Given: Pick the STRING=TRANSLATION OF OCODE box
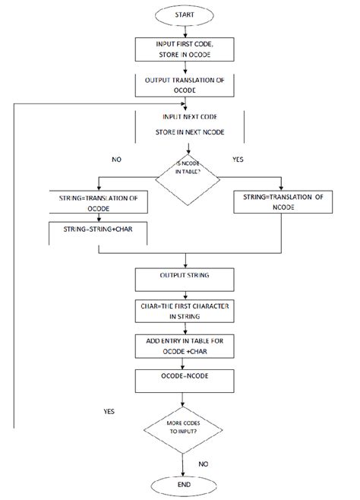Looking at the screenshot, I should pyautogui.click(x=96, y=203).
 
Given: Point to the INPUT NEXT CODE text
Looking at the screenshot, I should pyautogui.click(x=190, y=119).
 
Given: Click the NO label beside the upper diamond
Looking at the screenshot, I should pyautogui.click(x=115, y=160).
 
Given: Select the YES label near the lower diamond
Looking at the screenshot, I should pyautogui.click(x=109, y=410).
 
